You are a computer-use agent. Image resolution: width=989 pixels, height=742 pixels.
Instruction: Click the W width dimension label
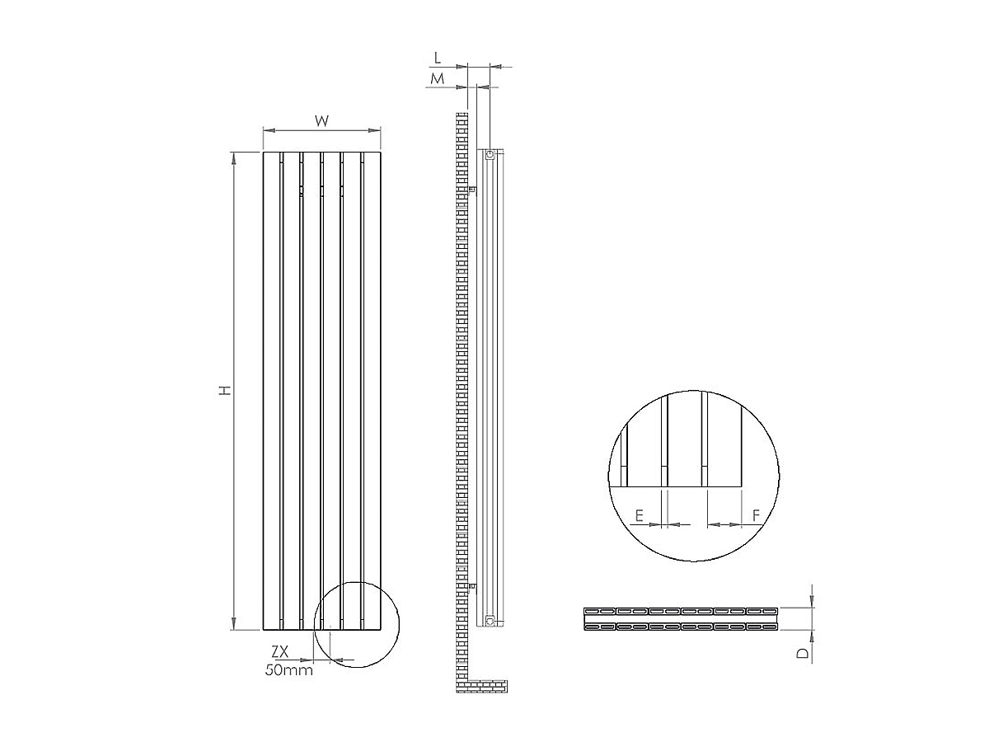point(321,120)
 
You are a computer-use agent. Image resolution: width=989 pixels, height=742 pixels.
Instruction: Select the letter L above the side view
point(438,58)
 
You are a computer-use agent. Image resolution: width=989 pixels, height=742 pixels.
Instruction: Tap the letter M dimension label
point(437,79)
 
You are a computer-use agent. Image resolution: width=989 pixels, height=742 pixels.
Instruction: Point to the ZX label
point(279,651)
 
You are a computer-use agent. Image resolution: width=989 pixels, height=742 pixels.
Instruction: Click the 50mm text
point(288,670)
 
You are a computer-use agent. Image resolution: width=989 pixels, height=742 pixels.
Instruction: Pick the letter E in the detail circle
point(639,515)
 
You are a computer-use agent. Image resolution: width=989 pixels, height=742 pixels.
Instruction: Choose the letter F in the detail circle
point(757,515)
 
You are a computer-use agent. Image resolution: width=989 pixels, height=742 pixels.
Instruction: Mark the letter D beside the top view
point(804,653)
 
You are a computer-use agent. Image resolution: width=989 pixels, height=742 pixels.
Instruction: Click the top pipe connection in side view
point(490,156)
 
